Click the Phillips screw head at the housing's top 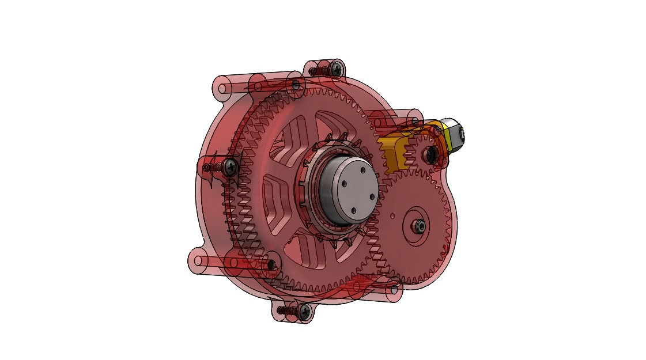coord(335,69)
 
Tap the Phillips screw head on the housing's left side coord(232,167)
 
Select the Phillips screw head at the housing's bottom coord(304,312)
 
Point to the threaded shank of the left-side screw coord(213,166)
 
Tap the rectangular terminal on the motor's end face coord(462,134)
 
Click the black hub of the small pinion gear coord(429,153)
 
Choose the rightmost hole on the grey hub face coord(370,195)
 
